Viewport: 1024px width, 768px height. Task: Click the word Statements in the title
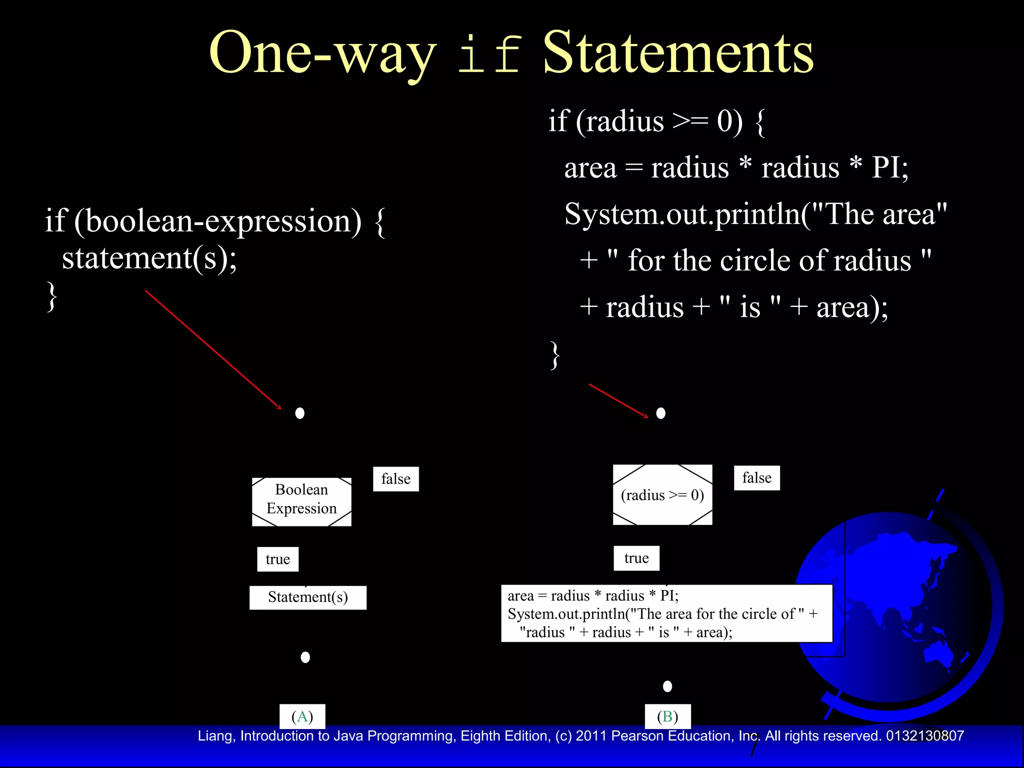(x=678, y=52)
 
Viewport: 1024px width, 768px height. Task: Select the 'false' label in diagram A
(x=395, y=479)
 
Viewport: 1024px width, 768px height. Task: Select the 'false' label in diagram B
(x=756, y=478)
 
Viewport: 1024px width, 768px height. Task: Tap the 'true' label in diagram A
(x=278, y=559)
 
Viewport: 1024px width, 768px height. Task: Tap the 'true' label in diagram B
(x=636, y=558)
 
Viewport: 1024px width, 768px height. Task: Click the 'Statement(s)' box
(x=307, y=597)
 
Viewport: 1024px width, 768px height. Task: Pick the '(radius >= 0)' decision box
(x=662, y=495)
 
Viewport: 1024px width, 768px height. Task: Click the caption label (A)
(x=302, y=716)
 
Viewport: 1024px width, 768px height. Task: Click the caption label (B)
(x=667, y=716)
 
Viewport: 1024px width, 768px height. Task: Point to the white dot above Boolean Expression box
(x=300, y=413)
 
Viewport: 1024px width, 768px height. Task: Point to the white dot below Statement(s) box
(x=305, y=657)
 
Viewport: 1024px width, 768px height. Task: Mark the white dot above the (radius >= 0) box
(x=660, y=413)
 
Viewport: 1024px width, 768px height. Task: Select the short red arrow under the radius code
(x=618, y=400)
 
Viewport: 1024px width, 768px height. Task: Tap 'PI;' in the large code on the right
(x=889, y=167)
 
